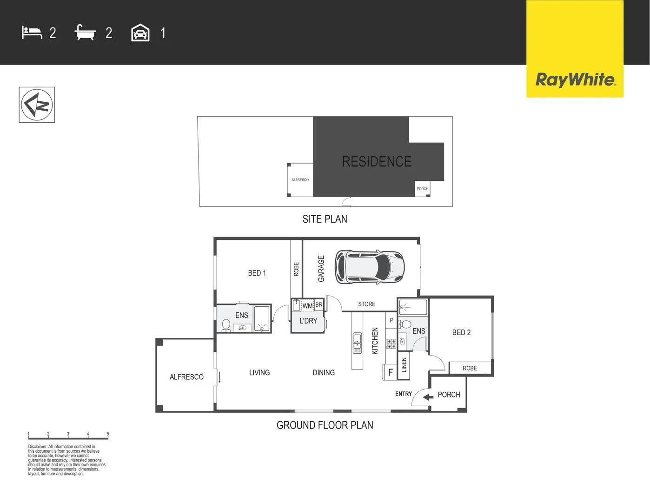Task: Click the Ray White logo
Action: [575, 79]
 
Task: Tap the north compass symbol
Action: [37, 105]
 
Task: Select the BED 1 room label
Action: [257, 273]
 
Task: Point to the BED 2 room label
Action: [461, 332]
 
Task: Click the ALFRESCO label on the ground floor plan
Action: [186, 377]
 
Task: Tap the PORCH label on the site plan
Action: [422, 189]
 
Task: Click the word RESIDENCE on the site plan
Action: [377, 162]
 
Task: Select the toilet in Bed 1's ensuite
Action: [226, 325]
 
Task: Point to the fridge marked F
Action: [390, 372]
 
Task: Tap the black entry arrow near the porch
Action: [428, 396]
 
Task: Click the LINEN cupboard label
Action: [404, 365]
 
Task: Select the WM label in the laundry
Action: [307, 306]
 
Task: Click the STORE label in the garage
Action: [366, 304]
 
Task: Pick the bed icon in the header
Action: [32, 33]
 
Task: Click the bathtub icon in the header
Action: [85, 33]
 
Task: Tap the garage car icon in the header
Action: [140, 33]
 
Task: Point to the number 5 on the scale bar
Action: [108, 434]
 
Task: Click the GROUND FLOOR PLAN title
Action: [325, 425]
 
